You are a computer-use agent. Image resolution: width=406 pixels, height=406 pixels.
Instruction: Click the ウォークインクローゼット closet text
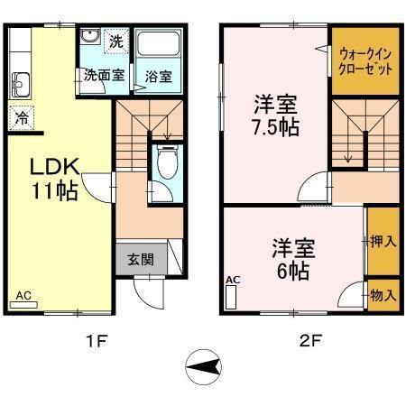365,61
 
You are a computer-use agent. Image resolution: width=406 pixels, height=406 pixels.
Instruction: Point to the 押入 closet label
383,241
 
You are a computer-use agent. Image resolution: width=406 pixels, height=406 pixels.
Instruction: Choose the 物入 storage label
383,295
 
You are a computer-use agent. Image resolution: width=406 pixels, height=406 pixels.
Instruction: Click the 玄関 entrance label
140,259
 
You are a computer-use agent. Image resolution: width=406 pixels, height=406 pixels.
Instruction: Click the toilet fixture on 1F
165,164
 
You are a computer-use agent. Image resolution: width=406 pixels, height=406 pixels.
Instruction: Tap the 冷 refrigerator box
21,116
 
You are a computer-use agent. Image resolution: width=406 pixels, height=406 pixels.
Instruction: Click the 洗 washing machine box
115,41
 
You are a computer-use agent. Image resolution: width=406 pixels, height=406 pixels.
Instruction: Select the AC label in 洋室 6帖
233,281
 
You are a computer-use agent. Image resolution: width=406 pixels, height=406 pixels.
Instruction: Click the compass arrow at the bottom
206,367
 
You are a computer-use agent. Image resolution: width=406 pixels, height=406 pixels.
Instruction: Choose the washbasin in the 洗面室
89,37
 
